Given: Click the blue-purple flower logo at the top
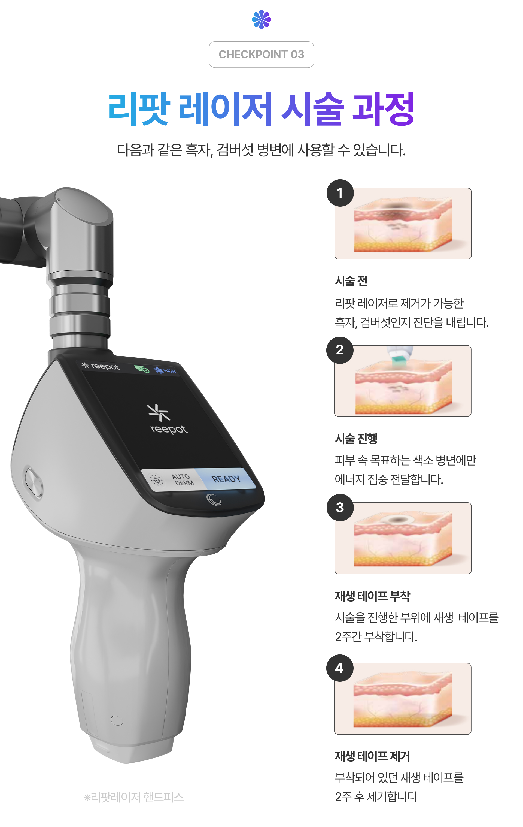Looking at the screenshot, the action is [261, 19].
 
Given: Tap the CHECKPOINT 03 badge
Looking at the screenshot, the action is [261, 55].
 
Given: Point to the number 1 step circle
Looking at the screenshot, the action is [340, 193].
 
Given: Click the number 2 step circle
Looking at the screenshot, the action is [340, 350].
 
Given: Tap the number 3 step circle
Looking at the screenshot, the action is [340, 507].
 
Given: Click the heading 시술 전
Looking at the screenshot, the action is [351, 281].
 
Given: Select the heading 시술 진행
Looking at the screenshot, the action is [356, 438].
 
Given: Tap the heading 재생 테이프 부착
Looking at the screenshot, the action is [372, 596].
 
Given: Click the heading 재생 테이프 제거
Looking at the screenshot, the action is [372, 756].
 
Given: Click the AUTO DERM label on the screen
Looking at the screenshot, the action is [183, 479].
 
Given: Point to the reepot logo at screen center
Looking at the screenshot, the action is [168, 419].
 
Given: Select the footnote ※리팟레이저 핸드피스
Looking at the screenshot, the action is [134, 797].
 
